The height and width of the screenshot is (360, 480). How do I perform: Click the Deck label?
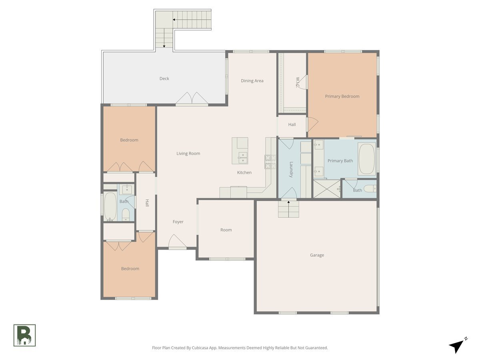[164, 78]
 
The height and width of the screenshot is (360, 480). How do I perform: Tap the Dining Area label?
[252, 81]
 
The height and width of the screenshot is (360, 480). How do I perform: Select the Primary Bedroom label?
[342, 96]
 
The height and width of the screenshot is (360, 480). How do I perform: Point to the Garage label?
[317, 255]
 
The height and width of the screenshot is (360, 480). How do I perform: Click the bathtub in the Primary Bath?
[366, 159]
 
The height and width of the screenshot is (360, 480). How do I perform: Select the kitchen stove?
[268, 162]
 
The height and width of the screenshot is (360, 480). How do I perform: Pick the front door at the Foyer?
[177, 242]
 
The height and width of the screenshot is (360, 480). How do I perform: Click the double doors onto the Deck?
[192, 99]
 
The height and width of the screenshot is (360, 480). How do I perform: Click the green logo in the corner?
[24, 335]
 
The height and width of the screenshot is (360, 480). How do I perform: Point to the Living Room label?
[188, 154]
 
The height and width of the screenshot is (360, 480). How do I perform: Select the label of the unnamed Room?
[226, 230]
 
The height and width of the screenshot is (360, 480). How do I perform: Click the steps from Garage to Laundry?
[288, 209]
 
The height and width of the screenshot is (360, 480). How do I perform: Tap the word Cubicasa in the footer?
[207, 348]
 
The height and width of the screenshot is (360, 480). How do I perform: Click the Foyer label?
[178, 222]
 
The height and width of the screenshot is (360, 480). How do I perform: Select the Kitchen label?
[244, 173]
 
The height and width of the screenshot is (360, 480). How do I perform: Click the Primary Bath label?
[340, 161]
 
